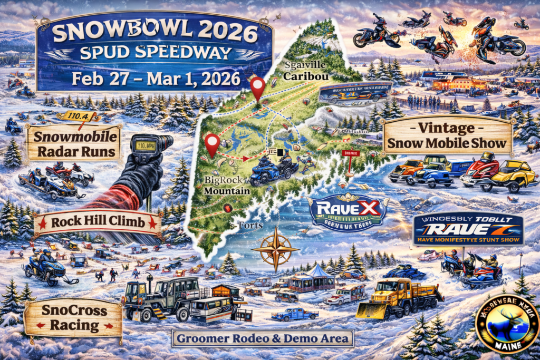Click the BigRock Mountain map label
click(x=224, y=186)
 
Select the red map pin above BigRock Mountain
click(x=213, y=143)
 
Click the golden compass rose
click(x=275, y=248)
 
